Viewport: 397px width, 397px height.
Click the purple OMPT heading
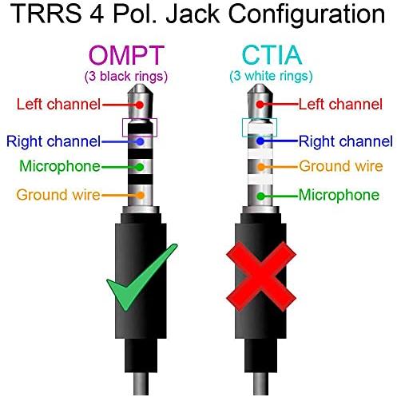[x=126, y=55]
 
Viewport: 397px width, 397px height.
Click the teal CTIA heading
[x=272, y=55]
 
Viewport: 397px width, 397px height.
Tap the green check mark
[x=141, y=277]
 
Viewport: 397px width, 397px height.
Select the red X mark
[x=261, y=276]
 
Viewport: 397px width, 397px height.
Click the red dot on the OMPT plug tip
[x=139, y=105]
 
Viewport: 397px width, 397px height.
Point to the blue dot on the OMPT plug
[x=140, y=141]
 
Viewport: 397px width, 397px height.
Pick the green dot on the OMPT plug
[x=140, y=167]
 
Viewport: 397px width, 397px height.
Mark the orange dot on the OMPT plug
[x=141, y=195]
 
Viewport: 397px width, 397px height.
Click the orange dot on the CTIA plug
[x=261, y=167]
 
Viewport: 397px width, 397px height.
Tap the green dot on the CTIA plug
[x=261, y=197]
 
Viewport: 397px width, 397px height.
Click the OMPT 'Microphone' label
[x=60, y=166]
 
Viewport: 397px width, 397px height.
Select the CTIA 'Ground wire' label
[x=341, y=166]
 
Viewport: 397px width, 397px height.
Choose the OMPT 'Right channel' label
[x=54, y=141]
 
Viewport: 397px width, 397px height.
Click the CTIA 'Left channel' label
[x=340, y=104]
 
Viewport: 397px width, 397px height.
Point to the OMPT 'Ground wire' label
[x=58, y=195]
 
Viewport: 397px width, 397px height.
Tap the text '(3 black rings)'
[x=126, y=77]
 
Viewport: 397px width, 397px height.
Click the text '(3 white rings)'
[x=271, y=76]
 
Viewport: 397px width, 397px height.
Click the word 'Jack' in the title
[x=193, y=14]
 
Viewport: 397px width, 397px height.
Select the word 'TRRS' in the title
[x=46, y=14]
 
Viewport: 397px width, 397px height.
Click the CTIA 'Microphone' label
[x=339, y=195]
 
